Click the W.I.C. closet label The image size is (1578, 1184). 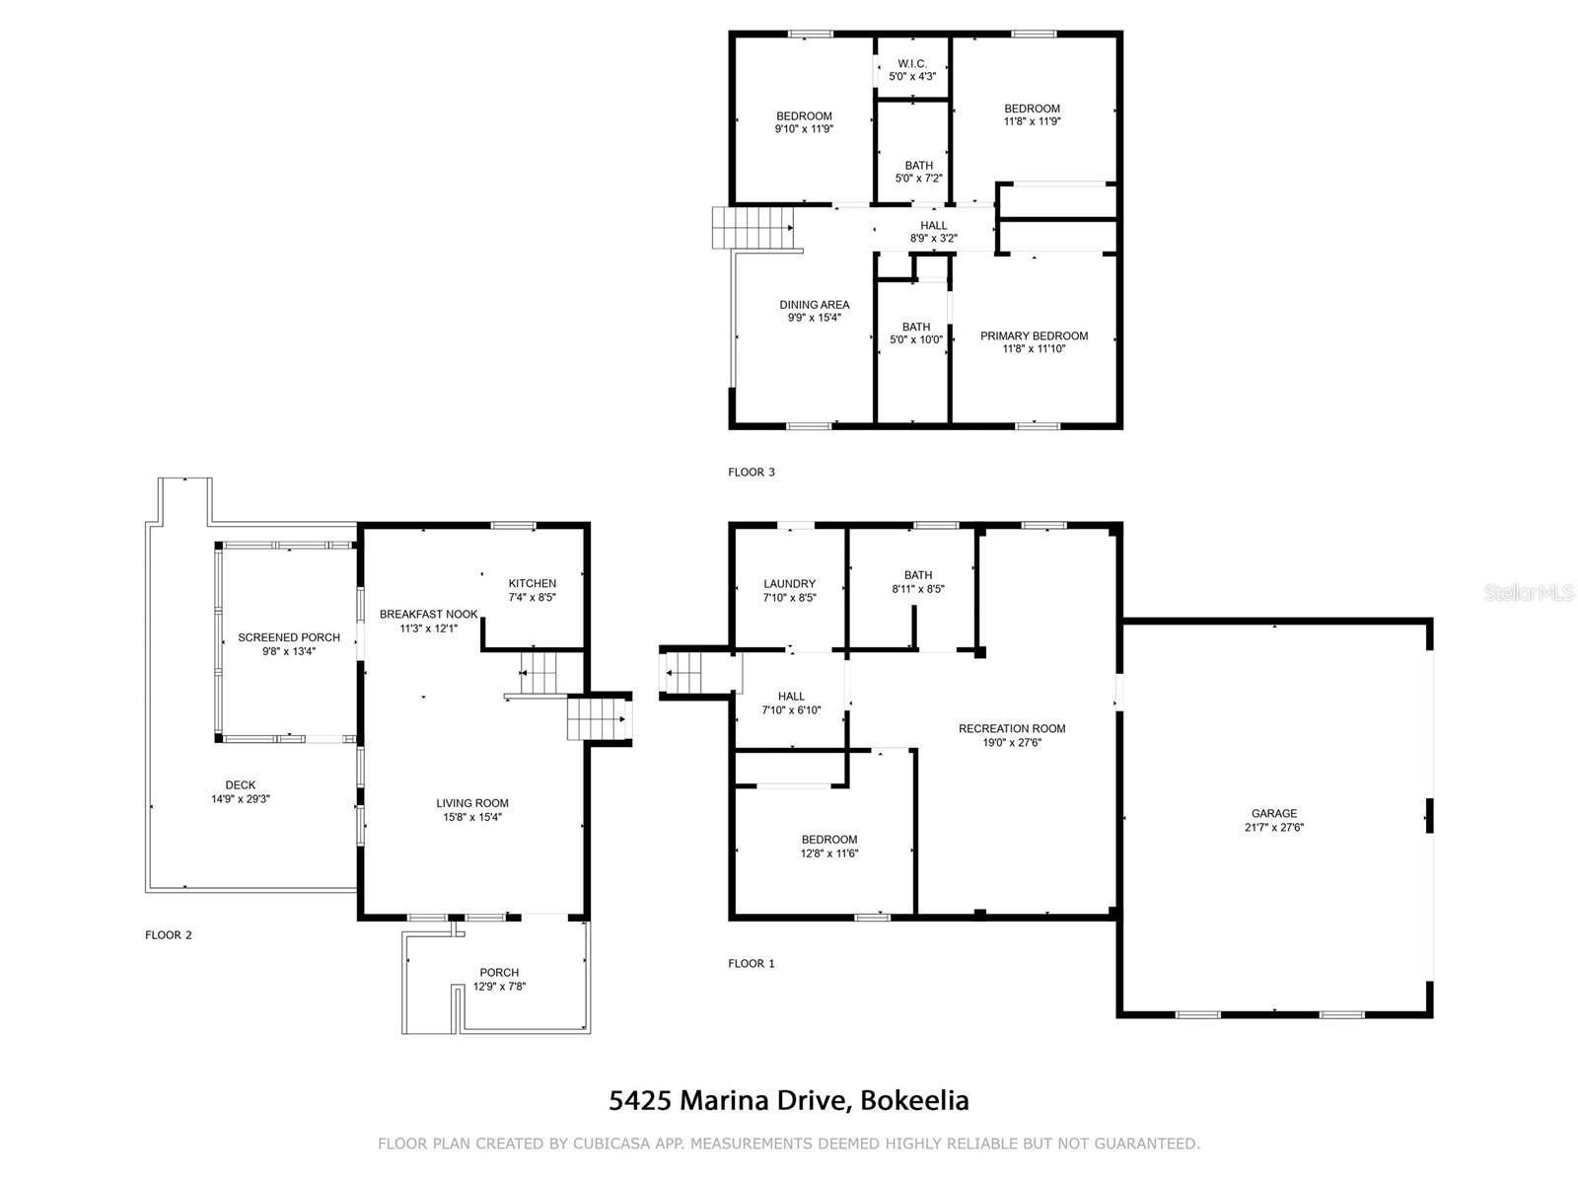tap(912, 64)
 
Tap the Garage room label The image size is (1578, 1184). tap(1274, 813)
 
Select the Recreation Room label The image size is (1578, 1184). tap(1012, 728)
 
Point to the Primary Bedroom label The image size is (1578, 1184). tap(1034, 335)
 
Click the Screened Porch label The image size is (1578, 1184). tap(289, 637)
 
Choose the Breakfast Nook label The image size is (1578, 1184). tap(428, 614)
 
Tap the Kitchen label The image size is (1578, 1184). tap(532, 583)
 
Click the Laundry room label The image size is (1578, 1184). tap(789, 584)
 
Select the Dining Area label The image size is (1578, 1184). tap(815, 305)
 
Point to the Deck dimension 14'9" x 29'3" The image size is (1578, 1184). tap(240, 798)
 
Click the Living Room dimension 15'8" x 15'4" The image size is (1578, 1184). tap(472, 817)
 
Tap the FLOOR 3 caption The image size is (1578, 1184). tap(752, 473)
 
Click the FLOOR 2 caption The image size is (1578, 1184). tap(169, 935)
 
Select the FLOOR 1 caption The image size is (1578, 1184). tap(752, 963)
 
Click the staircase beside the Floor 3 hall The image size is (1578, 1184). tap(753, 228)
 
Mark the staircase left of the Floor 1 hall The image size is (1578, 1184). tap(682, 673)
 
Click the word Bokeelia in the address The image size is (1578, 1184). tap(914, 1100)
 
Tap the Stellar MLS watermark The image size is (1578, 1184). tap(1529, 592)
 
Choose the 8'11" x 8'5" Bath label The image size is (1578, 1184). tap(918, 581)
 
